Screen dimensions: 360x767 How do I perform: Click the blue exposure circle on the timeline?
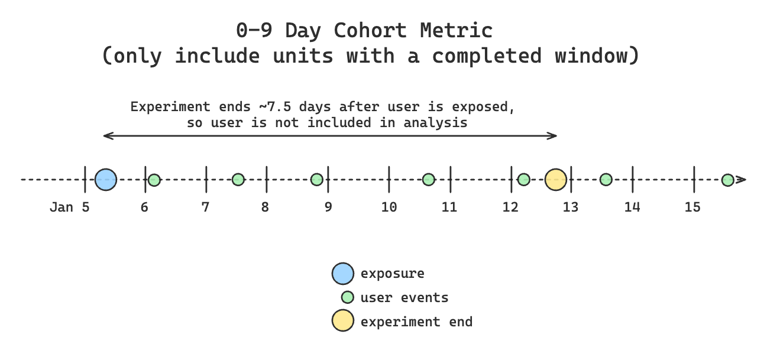click(106, 179)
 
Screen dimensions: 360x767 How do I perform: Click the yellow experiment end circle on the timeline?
click(556, 179)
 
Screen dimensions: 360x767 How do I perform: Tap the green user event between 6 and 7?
click(154, 180)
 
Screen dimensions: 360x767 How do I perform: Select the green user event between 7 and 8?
click(238, 180)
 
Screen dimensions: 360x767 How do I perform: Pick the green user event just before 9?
click(317, 180)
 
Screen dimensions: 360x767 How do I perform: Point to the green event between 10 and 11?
click(429, 180)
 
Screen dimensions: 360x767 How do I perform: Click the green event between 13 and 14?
click(606, 180)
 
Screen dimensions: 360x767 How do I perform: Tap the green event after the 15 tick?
click(728, 180)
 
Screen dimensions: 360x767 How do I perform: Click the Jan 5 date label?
click(70, 207)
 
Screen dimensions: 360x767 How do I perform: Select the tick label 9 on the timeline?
click(328, 207)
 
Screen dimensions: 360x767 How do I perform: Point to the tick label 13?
click(571, 207)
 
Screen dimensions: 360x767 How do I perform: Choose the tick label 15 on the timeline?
click(692, 207)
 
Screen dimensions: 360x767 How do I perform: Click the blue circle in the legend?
click(343, 274)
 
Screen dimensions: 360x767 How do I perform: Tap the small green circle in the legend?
click(348, 297)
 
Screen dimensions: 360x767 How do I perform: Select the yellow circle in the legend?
click(343, 322)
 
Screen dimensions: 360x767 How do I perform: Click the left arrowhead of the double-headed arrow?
click(106, 136)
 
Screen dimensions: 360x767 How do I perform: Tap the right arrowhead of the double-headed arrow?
click(555, 136)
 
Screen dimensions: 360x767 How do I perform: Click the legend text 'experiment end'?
click(416, 322)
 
